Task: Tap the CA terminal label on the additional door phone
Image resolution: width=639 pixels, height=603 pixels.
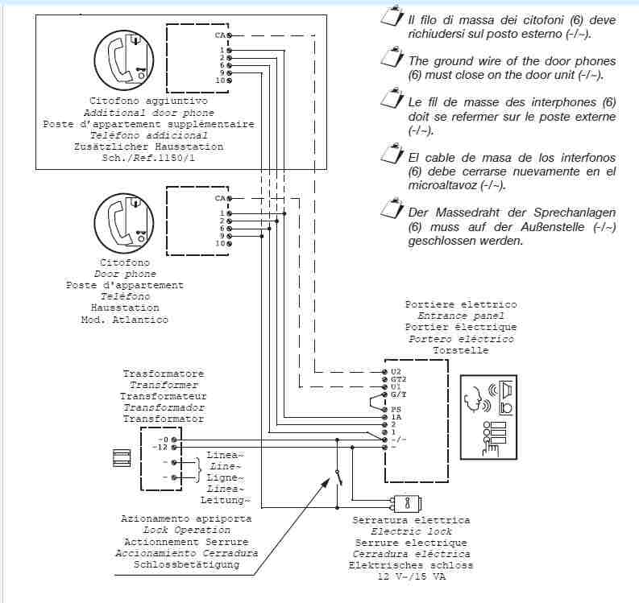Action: (x=220, y=35)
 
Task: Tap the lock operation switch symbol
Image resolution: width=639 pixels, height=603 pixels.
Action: (x=339, y=475)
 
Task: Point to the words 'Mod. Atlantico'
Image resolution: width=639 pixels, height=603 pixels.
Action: (x=125, y=320)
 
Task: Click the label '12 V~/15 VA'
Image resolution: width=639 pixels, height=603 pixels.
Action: (x=411, y=576)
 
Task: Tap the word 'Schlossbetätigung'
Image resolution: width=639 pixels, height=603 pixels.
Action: (x=187, y=564)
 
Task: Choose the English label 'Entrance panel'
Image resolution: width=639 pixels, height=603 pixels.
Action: (x=461, y=316)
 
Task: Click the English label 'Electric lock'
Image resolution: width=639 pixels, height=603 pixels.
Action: (x=411, y=531)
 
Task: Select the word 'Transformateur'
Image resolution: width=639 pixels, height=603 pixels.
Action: (x=164, y=396)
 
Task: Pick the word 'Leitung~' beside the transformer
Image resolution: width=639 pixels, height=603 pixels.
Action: (x=226, y=500)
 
